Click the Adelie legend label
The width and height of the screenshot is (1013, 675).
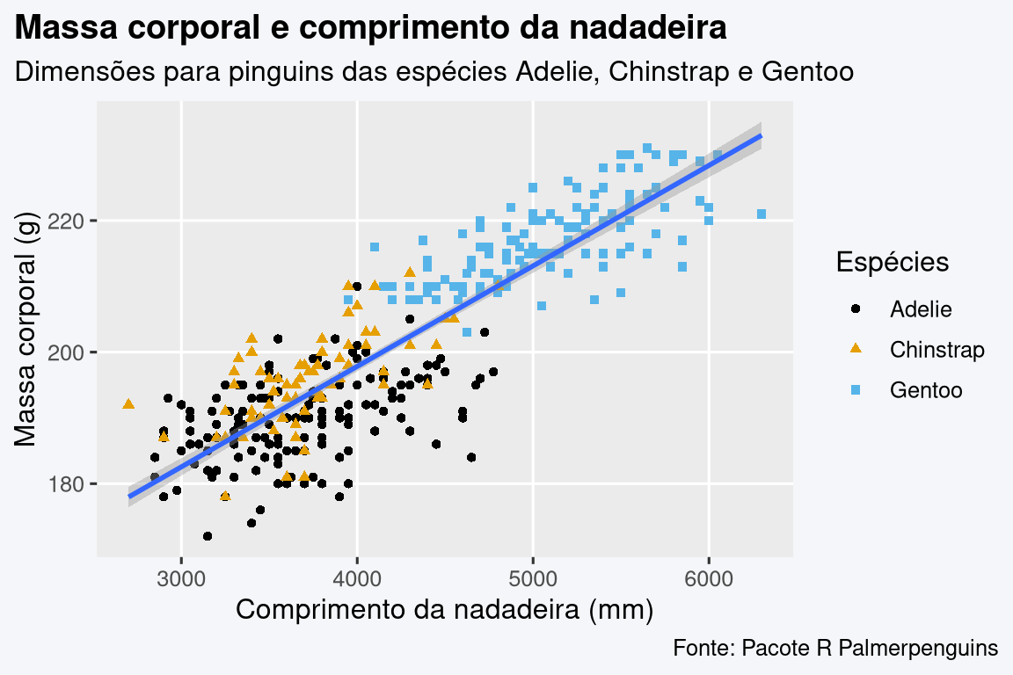click(921, 309)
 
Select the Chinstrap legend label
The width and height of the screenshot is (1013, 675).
click(936, 350)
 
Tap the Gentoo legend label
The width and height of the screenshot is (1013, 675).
click(926, 389)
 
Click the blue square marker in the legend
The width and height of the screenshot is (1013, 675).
click(857, 389)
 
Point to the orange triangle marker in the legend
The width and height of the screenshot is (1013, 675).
click(857, 349)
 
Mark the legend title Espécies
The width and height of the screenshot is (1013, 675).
click(892, 262)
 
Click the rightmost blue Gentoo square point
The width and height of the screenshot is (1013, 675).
click(762, 214)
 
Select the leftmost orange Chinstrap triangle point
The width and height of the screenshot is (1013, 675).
click(128, 403)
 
